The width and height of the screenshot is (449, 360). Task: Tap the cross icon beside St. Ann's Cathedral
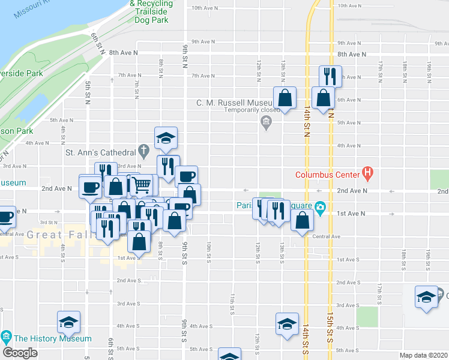(143, 150)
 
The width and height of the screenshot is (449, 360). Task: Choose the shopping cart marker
(140, 185)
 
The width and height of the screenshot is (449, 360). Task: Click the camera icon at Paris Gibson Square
(321, 208)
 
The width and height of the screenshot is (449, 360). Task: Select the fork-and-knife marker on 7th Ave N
(330, 76)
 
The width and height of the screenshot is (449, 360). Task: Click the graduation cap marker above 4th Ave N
(166, 138)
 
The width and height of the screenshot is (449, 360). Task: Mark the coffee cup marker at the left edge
(5, 217)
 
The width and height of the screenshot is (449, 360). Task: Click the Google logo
(20, 353)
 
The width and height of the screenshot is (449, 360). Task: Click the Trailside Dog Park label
(151, 11)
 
